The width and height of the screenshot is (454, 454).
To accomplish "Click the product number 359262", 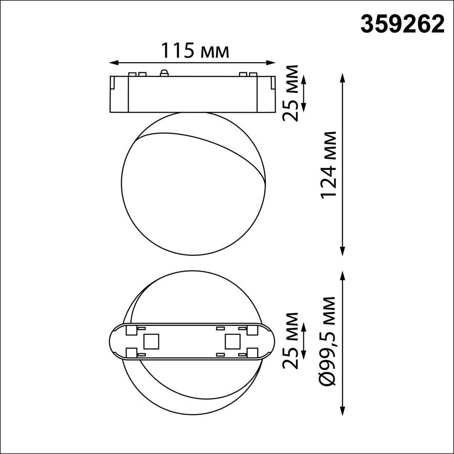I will point(402,25).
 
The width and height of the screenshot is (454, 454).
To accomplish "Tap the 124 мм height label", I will point(328,165).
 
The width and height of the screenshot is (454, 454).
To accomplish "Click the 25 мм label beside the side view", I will point(291,93).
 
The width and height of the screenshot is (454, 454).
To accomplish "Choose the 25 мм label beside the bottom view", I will point(291,340).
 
